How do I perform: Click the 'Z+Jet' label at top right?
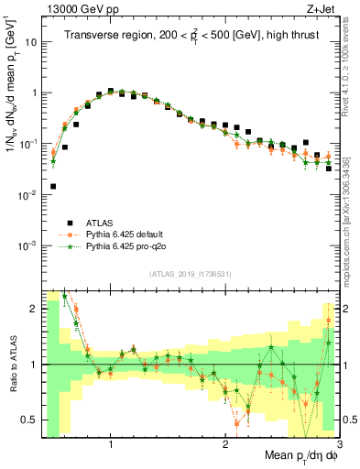pos(322,8)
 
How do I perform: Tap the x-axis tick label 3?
pos(339,442)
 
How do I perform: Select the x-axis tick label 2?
pos(225,442)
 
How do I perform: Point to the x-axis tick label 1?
pos(111,442)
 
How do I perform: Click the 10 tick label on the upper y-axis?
pos(30,42)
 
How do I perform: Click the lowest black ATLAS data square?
pos(53,186)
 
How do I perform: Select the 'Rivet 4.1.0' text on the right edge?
pos(349,73)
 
